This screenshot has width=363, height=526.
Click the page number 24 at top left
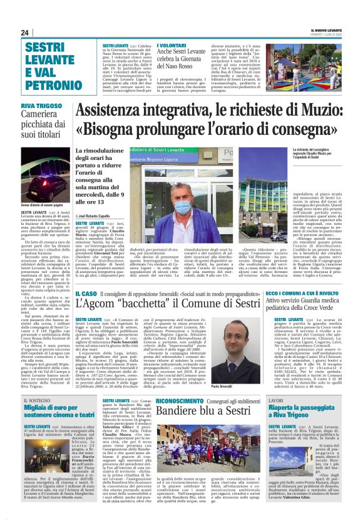(25, 32)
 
